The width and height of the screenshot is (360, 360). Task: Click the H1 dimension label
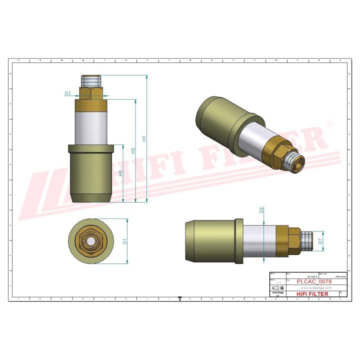pos(143,138)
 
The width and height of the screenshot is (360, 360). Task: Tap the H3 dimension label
pos(120,173)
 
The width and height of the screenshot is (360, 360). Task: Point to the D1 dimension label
pos(125,241)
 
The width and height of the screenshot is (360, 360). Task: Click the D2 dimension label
pos(261,210)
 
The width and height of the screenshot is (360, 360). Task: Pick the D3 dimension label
pos(67,93)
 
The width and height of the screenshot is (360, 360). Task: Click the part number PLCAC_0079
pos(313,281)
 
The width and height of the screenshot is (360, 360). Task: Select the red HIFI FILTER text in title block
pos(312,294)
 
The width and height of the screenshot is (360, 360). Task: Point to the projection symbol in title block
pos(277,288)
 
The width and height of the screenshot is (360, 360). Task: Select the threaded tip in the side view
pos(307,241)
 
